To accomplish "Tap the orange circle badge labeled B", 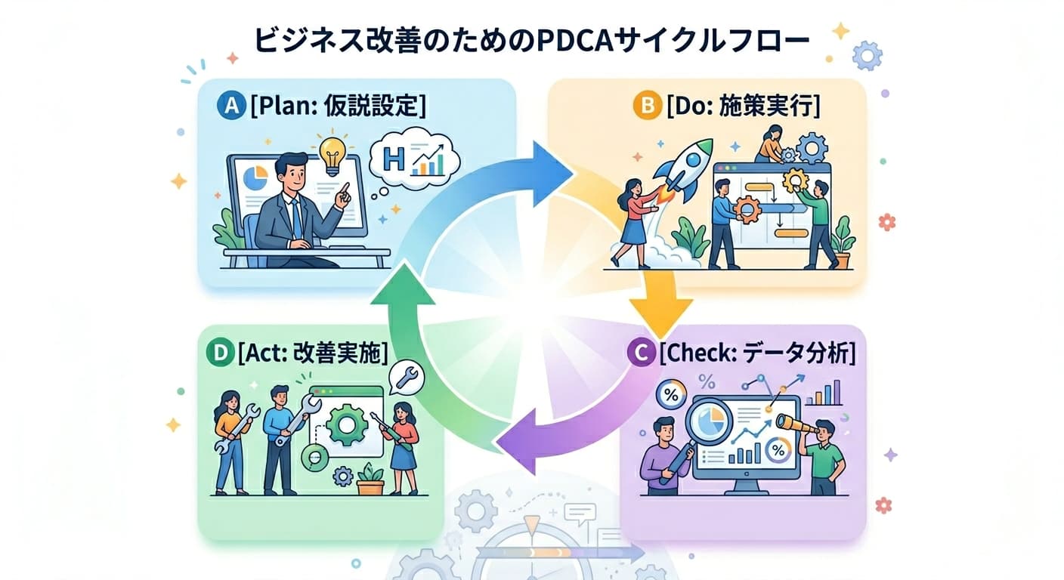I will (x=646, y=106).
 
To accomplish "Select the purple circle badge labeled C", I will (x=642, y=353).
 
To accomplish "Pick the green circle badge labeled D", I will (x=218, y=353).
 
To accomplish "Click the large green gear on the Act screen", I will (x=348, y=424).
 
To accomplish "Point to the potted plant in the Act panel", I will (x=370, y=479).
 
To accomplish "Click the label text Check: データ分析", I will (x=756, y=353).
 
